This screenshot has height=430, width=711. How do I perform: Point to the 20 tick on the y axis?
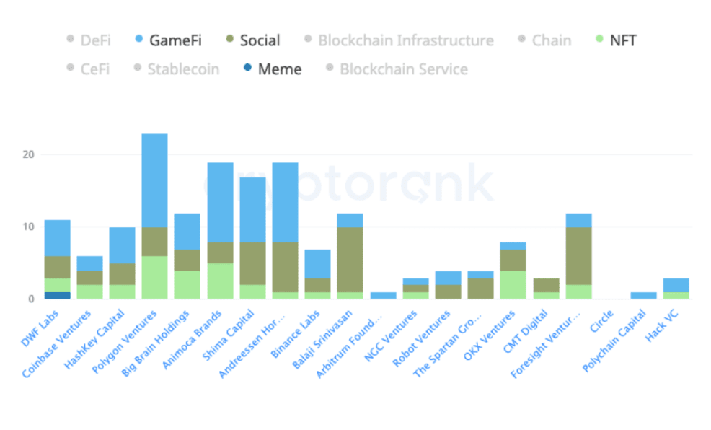28,154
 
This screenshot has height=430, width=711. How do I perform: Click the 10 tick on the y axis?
28,227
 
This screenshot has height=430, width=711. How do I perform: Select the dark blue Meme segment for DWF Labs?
57,295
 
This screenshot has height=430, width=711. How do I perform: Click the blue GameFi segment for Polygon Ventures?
154,180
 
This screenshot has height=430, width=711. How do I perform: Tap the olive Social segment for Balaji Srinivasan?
349,260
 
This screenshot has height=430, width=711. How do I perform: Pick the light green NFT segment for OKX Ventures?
512,284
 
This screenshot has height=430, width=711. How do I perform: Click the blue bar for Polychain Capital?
642,295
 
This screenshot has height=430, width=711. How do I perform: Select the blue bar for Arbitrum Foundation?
382,295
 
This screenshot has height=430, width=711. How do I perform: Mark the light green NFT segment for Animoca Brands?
219,281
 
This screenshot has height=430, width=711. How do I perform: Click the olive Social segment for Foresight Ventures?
578,256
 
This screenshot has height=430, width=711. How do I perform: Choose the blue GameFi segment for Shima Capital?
252,209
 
